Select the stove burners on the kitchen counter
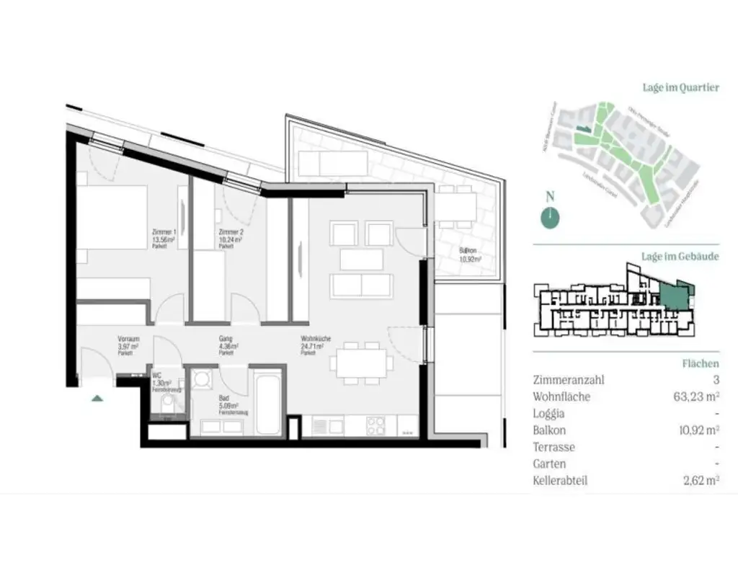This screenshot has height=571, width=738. tap(377, 425)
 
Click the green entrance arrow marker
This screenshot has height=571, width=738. tap(97, 396)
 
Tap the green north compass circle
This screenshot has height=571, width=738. tap(550, 217)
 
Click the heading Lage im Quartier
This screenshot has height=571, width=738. tap(680, 87)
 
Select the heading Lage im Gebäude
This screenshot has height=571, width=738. tap(680, 256)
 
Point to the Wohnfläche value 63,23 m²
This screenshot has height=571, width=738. tap(695, 396)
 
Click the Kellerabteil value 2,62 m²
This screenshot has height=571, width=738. tap(699, 480)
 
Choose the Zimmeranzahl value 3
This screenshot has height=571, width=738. tap(715, 379)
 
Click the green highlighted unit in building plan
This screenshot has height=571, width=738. tap(672, 295)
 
